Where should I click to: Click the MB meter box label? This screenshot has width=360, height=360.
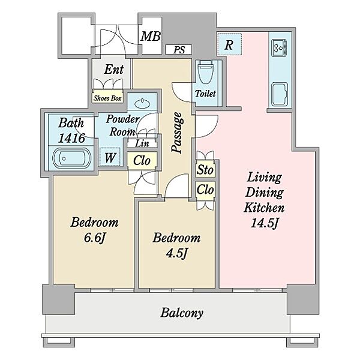(x=151, y=36)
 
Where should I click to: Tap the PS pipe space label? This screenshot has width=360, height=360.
(x=179, y=50)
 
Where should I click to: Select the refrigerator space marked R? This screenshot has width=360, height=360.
(x=229, y=44)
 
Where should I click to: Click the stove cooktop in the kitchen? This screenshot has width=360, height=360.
(x=279, y=48)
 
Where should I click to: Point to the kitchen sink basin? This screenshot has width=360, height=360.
(x=280, y=94)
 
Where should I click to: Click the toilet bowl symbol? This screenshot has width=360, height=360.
(x=205, y=73)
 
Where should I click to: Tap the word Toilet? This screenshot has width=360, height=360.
(x=205, y=94)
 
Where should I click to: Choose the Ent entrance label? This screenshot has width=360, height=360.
(x=114, y=69)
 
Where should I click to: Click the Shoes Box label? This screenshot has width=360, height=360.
(x=107, y=98)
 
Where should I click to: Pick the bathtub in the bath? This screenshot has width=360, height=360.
(x=71, y=158)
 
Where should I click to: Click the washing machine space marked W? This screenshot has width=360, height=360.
(x=110, y=157)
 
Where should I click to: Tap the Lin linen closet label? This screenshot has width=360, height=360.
(x=142, y=143)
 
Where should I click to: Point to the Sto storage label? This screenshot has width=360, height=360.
(x=205, y=170)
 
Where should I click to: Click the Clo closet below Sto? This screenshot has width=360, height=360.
(x=205, y=190)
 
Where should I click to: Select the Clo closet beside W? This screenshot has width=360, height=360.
(x=142, y=160)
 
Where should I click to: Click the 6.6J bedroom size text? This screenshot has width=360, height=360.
(x=95, y=238)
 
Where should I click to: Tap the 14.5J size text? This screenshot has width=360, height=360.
(x=265, y=223)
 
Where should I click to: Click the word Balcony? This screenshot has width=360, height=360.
(x=182, y=313)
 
